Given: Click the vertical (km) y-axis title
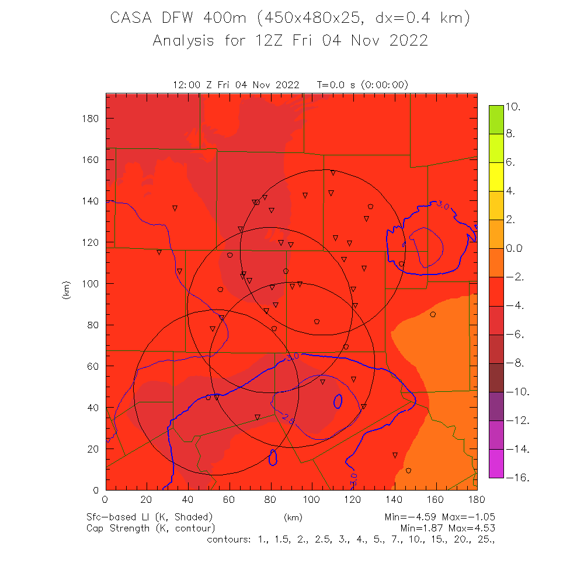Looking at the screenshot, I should point(66,290).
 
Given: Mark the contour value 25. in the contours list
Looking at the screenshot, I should point(487,539).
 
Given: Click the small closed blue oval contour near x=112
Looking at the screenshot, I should point(338,401).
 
